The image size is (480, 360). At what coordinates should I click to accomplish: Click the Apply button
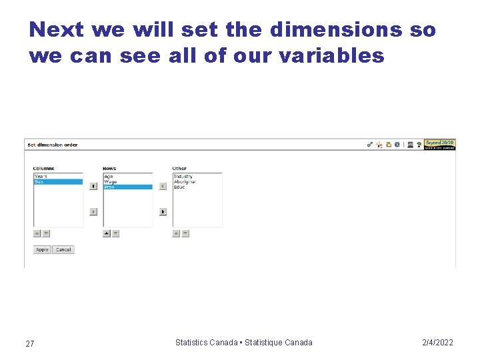click(42, 250)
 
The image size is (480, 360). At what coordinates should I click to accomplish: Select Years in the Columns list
click(41, 177)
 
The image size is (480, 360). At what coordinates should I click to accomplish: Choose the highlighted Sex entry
click(39, 182)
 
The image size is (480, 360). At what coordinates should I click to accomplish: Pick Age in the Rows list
click(109, 177)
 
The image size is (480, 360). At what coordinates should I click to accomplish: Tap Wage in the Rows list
click(110, 182)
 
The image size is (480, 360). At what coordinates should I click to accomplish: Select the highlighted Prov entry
click(109, 187)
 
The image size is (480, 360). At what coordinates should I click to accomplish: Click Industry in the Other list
click(183, 177)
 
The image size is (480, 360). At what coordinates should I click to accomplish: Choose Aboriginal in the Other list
click(185, 182)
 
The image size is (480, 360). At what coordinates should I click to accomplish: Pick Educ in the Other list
click(179, 187)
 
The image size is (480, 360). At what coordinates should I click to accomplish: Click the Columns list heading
click(44, 169)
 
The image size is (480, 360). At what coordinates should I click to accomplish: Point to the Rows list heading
click(109, 169)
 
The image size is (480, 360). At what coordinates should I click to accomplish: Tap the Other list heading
click(179, 169)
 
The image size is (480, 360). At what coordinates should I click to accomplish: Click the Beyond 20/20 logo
click(440, 143)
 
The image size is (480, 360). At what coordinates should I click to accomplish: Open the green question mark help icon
click(419, 144)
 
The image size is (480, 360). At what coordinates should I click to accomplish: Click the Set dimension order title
click(53, 145)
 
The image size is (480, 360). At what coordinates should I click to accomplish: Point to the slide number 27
click(30, 343)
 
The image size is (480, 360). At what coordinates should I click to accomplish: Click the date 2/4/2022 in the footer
click(437, 343)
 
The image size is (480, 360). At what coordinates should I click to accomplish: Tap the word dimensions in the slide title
click(336, 30)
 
